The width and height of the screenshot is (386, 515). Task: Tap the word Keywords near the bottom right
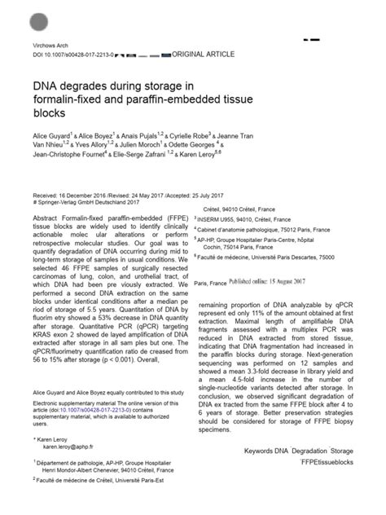click(x=262, y=447)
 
